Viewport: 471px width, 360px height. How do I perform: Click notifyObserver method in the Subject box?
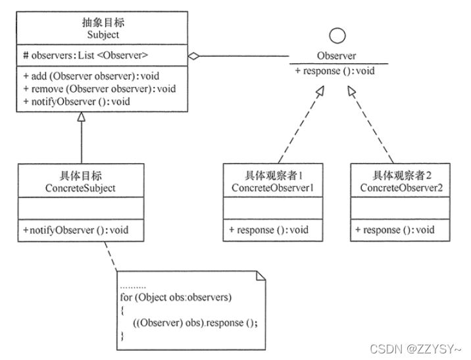76,101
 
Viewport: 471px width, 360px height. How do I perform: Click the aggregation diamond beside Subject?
193,57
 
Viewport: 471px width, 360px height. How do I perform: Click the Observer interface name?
337,56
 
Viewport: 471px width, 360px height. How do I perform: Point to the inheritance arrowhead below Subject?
82,118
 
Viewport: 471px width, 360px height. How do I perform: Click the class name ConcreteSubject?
82,188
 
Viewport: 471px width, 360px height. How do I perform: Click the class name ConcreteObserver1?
272,188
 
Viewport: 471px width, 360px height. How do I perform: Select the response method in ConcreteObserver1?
268,230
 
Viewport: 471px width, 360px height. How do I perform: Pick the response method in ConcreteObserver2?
395,230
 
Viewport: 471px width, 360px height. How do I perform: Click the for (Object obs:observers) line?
176,297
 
